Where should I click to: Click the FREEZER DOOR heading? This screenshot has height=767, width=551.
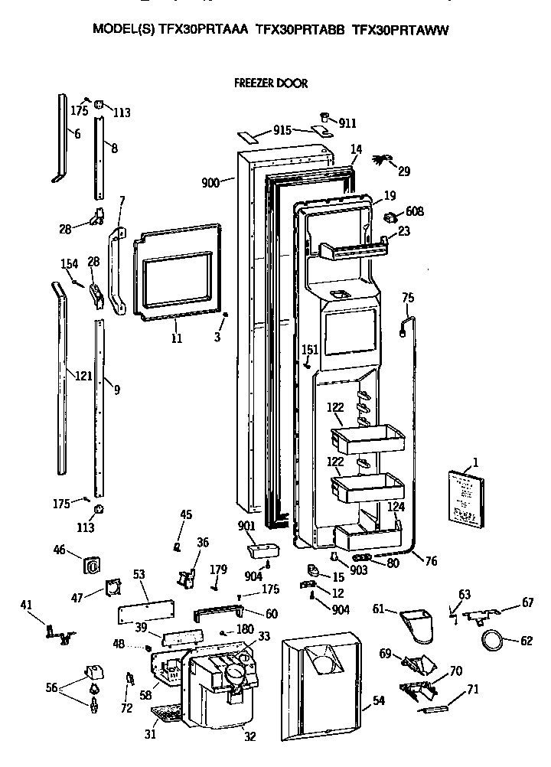270,83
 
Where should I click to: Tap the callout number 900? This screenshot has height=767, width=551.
211,182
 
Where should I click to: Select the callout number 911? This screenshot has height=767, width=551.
347,123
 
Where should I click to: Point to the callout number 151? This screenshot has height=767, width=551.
310,349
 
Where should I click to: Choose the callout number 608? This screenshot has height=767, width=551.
414,211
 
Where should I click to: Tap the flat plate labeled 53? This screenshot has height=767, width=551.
145,612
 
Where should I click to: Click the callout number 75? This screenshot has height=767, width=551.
408,298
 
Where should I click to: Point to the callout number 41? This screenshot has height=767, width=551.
27,606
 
